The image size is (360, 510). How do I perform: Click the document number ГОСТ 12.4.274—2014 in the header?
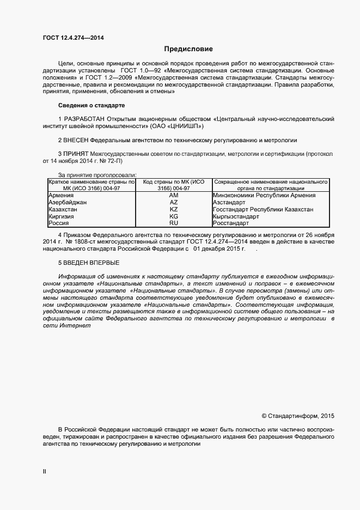[x=74, y=38]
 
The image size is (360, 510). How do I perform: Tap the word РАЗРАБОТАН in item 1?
[x=85, y=118]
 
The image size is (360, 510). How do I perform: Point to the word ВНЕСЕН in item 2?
[x=76, y=140]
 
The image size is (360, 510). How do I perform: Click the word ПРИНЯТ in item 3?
[x=76, y=154]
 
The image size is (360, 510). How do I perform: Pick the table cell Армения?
[x=60, y=195]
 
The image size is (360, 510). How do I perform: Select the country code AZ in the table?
[x=174, y=202]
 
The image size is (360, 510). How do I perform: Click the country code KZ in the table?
[x=174, y=209]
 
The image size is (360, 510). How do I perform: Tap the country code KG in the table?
[x=174, y=216]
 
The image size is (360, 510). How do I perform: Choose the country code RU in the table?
[x=174, y=223]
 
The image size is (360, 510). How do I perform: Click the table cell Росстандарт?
[x=231, y=223]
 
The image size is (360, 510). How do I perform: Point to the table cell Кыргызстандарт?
[x=235, y=216]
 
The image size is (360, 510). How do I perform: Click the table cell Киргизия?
[x=61, y=216]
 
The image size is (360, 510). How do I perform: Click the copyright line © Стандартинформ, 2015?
[x=298, y=416]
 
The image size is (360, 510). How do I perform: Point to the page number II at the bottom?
[x=45, y=470]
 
